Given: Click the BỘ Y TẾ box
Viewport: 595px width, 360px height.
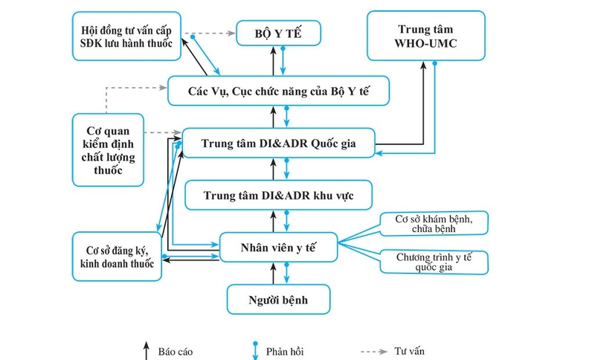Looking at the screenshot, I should point(278,32).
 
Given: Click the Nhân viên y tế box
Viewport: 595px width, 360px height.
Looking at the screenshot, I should point(278,246).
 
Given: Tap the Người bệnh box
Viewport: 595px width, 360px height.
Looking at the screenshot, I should point(278,300).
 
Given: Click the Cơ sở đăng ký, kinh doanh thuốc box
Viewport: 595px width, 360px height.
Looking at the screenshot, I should point(118,257).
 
